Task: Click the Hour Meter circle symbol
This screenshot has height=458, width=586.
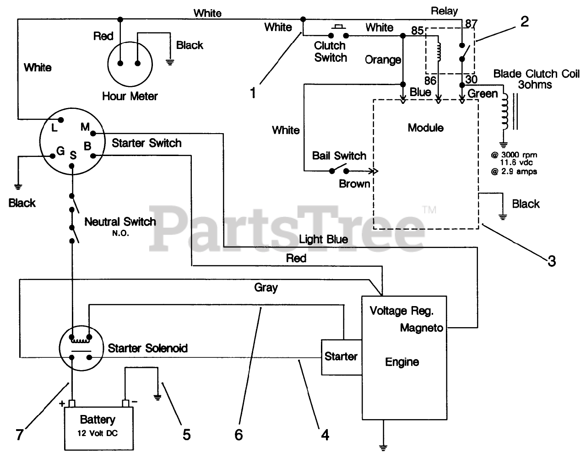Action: pyautogui.click(x=129, y=64)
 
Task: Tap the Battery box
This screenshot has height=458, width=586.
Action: pyautogui.click(x=97, y=425)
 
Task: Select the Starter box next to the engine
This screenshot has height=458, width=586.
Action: pyautogui.click(x=341, y=357)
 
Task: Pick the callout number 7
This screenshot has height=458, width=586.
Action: pyautogui.click(x=19, y=434)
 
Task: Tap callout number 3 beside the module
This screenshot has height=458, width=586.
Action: pyautogui.click(x=551, y=261)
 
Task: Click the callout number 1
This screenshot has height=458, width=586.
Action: pyautogui.click(x=252, y=93)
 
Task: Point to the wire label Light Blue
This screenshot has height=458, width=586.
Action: pyautogui.click(x=323, y=239)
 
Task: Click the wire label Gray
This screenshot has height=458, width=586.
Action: pyautogui.click(x=266, y=287)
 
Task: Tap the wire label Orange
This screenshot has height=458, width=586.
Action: pyautogui.click(x=383, y=59)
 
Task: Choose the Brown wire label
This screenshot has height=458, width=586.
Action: pyautogui.click(x=354, y=184)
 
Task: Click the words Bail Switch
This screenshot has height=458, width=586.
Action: pyautogui.click(x=339, y=156)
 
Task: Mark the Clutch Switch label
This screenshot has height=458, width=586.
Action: pyautogui.click(x=330, y=52)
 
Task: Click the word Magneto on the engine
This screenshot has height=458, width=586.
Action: pyautogui.click(x=421, y=328)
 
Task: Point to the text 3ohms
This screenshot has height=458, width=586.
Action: pyautogui.click(x=536, y=85)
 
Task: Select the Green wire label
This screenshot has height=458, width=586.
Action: pyautogui.click(x=483, y=94)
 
